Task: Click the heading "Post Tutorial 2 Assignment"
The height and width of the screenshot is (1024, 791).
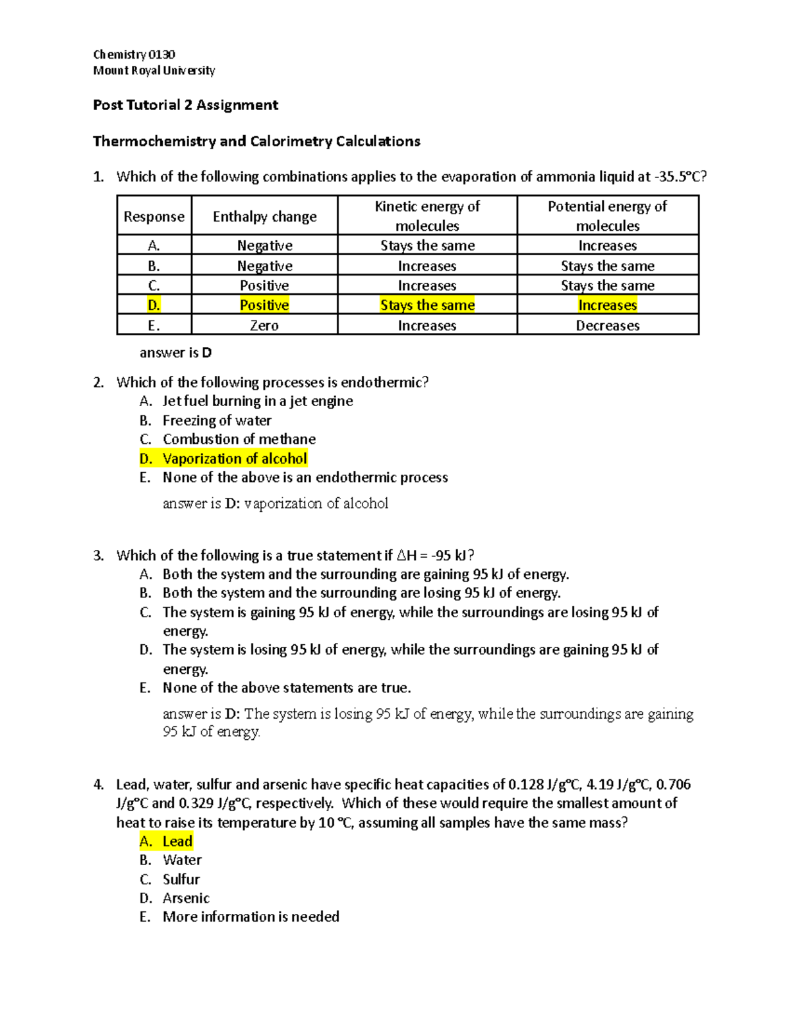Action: coord(185,105)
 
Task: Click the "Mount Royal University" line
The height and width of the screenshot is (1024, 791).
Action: coord(154,71)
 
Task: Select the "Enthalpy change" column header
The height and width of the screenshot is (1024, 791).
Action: coord(264,217)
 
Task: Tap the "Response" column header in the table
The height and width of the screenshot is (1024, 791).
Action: coord(154,217)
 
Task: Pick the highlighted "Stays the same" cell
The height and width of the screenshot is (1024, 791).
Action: coord(427,305)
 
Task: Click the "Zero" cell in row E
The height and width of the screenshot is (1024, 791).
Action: coord(264,326)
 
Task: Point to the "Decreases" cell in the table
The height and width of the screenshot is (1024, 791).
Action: coord(607,326)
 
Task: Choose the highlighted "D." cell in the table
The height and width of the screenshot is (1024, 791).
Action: coord(154,305)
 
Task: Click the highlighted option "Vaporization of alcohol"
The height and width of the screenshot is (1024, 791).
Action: coord(235,459)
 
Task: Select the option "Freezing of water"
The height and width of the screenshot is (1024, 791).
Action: coord(217,421)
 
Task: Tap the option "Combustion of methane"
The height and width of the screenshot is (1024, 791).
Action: coord(239,439)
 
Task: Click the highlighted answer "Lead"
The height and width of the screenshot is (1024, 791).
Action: coord(177,841)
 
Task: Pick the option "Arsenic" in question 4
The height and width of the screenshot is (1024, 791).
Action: coord(186,898)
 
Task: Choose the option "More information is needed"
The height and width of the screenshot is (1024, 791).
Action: coord(250,917)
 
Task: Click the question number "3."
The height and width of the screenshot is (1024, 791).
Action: coord(98,556)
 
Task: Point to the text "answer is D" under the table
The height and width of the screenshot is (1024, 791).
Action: coord(175,353)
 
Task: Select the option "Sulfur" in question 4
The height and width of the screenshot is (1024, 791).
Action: coord(181,880)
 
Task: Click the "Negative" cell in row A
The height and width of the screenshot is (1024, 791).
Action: coord(264,246)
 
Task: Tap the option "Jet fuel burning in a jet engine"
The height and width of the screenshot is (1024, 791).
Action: coord(257,402)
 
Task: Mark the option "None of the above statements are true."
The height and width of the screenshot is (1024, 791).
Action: coord(287,688)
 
